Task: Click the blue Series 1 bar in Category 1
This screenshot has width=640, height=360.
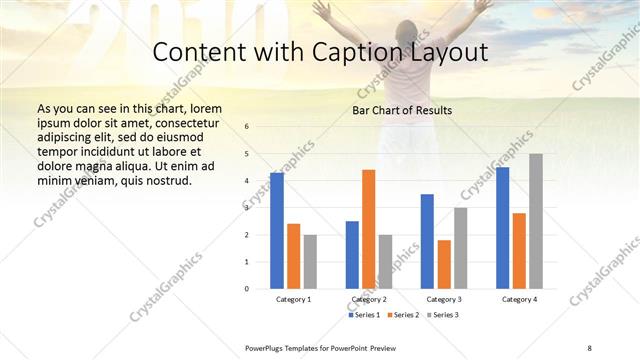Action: pyautogui.click(x=277, y=231)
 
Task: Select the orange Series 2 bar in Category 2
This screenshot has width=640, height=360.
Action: pyautogui.click(x=369, y=229)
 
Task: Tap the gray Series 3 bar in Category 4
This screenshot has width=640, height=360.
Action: pyautogui.click(x=536, y=221)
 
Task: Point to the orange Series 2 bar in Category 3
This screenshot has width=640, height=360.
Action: pyautogui.click(x=444, y=264)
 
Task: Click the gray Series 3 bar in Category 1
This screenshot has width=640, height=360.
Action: pyautogui.click(x=310, y=261)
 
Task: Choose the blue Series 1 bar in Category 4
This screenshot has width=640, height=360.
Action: pyautogui.click(x=502, y=228)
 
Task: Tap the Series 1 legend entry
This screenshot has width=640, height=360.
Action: pyautogui.click(x=365, y=315)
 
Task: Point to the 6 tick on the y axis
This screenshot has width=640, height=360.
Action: pyautogui.click(x=248, y=127)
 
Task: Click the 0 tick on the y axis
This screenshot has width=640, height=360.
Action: pyautogui.click(x=248, y=288)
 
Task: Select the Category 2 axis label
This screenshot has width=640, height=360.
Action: pyautogui.click(x=368, y=300)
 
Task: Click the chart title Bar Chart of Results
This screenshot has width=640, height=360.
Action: pyautogui.click(x=402, y=110)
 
